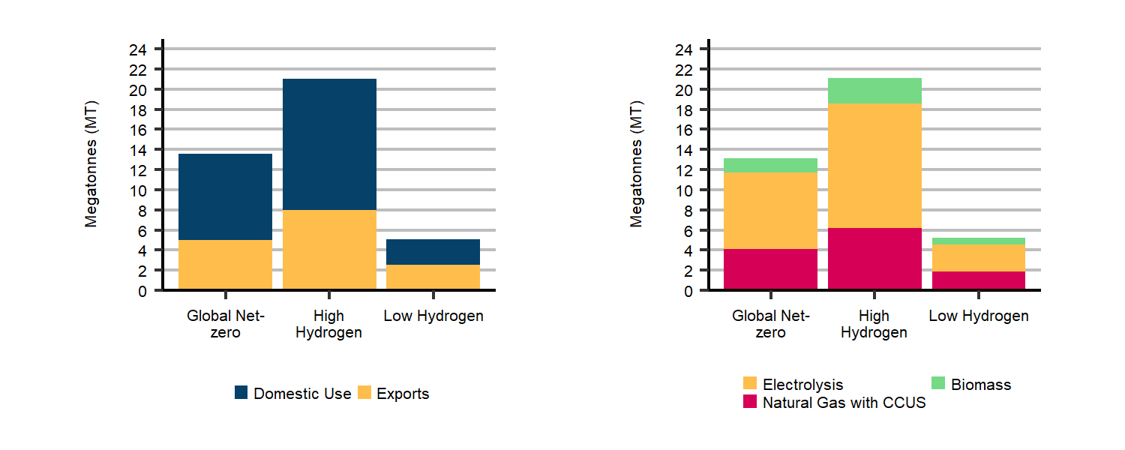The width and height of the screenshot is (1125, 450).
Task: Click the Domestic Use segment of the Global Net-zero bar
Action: tap(225, 196)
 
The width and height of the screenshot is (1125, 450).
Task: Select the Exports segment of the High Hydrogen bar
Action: tap(329, 250)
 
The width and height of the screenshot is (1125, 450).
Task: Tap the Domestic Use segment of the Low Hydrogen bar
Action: tap(433, 252)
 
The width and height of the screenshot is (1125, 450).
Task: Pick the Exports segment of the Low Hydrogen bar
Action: tap(433, 277)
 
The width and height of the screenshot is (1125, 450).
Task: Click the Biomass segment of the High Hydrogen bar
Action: tap(874, 91)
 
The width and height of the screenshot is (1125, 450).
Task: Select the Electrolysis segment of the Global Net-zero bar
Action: tap(770, 211)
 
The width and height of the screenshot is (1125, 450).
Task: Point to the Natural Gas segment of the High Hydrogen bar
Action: tap(874, 259)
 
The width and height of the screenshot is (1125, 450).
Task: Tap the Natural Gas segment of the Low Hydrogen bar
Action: tap(978, 280)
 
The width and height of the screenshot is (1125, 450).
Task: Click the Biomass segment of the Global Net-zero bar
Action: tap(770, 165)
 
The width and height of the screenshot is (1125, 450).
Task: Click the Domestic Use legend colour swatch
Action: tap(241, 393)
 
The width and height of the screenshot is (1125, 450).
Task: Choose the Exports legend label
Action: tap(403, 394)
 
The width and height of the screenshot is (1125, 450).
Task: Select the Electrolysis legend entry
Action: tap(802, 385)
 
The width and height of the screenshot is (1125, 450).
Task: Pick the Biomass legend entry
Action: tap(980, 385)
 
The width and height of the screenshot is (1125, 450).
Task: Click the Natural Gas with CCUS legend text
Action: tap(844, 403)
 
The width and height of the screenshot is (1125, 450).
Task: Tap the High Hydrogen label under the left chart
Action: tap(329, 324)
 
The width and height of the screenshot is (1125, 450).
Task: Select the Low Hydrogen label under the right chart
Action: tap(978, 316)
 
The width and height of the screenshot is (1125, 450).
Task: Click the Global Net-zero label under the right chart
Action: tap(770, 324)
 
